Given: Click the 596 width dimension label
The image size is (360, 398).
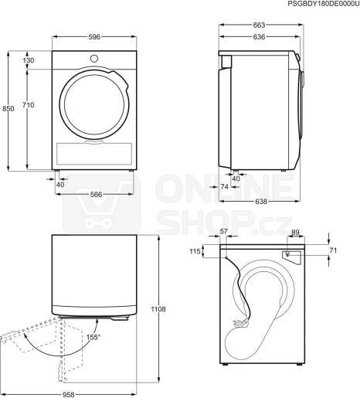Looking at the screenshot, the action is click(94, 37).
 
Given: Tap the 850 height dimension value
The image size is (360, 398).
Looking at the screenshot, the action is click(8, 109).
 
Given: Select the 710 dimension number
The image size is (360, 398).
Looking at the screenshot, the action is click(28, 105).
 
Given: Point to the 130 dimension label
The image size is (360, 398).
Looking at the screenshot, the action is click(29, 60).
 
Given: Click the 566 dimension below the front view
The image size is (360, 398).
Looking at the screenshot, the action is click(96, 194).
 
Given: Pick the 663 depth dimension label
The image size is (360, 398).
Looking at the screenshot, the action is click(259, 25).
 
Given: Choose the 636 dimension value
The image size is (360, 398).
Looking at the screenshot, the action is click(259, 37).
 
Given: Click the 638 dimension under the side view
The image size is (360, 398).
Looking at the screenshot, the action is click(261, 202).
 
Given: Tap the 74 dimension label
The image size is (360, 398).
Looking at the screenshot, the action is click(225, 186).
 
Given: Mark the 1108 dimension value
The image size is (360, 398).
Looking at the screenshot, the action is click(158, 309).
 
